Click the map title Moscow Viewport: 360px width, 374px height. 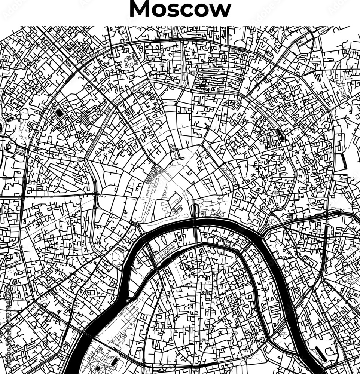click(180, 9)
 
